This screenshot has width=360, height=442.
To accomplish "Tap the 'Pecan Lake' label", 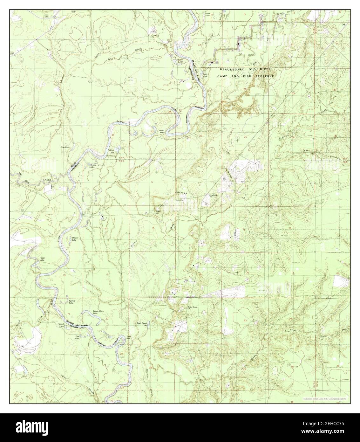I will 42,259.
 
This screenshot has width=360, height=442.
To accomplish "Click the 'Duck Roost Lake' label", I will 142,324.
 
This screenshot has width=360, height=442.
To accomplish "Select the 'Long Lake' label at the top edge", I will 208,14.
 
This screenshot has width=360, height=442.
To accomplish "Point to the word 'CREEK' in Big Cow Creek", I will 47,180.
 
